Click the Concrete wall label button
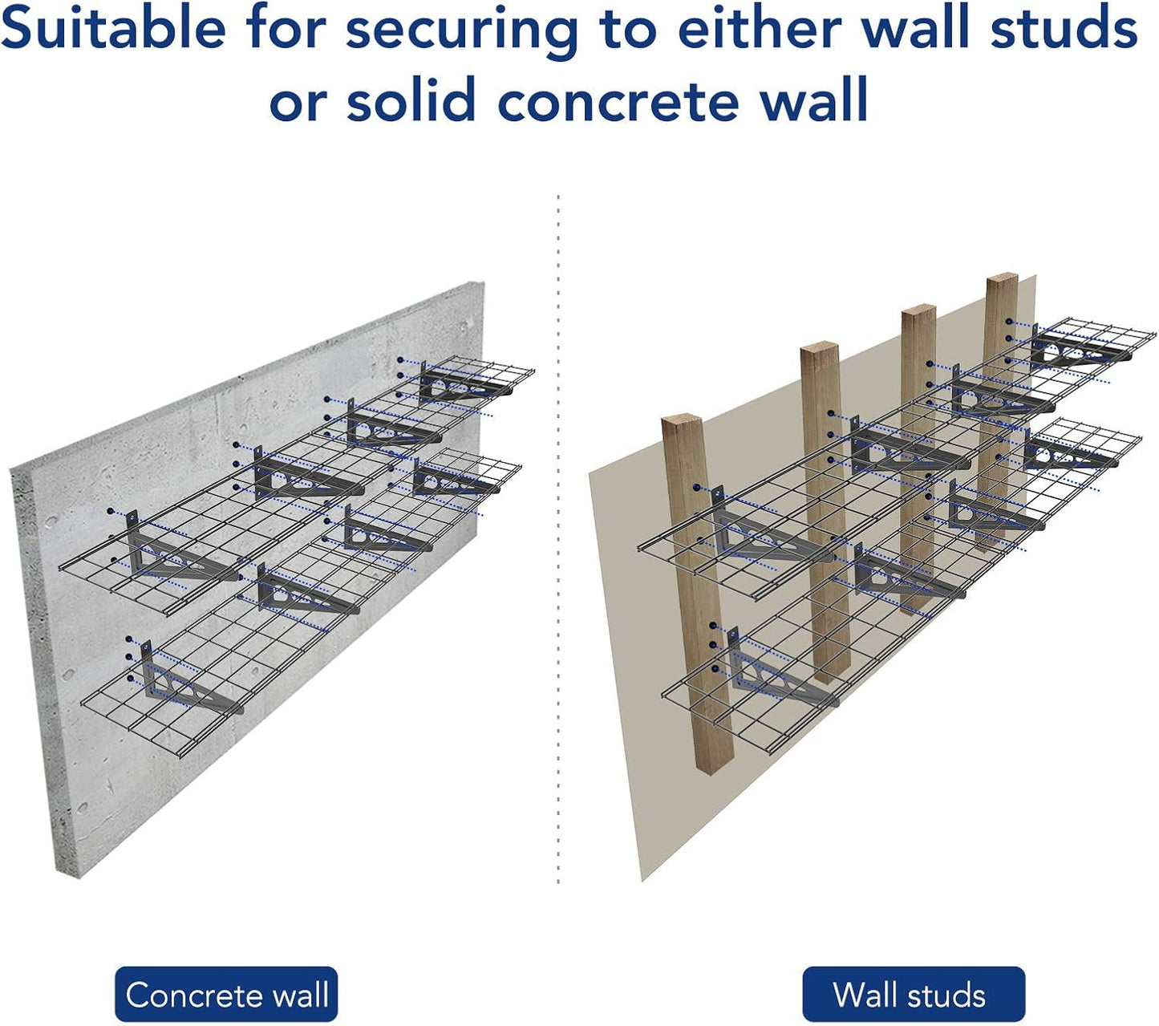tap(226, 995)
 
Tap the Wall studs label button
tap(913, 995)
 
